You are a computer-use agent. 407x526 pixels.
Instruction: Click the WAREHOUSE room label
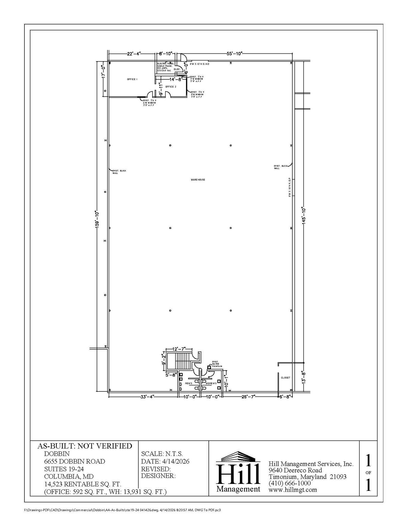point(198,180)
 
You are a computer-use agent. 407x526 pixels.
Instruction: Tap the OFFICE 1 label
point(132,79)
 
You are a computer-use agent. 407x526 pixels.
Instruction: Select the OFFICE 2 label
point(171,87)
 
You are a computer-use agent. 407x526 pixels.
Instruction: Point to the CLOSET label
point(285,378)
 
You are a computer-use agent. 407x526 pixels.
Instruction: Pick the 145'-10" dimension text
point(304,216)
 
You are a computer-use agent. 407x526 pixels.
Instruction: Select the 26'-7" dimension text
point(248,397)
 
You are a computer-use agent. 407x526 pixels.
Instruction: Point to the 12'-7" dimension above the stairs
point(179,349)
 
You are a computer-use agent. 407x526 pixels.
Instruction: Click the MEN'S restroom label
point(188,383)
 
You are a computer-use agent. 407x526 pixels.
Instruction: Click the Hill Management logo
point(238,473)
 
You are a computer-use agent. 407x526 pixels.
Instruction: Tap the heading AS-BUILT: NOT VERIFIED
point(85,446)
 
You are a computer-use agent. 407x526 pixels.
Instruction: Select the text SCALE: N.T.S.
point(162,454)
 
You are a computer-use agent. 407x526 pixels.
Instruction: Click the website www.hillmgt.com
point(293,490)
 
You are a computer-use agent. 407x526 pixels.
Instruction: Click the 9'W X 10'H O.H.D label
point(200,64)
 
